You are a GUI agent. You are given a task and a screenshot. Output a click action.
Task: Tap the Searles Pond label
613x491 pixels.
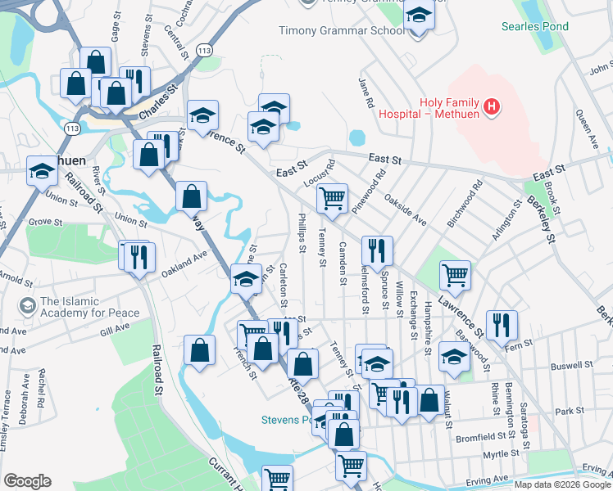(536, 26)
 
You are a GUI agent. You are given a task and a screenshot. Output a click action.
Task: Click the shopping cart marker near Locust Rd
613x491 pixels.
(332, 197)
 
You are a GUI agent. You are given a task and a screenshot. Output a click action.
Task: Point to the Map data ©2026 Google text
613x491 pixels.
(562, 484)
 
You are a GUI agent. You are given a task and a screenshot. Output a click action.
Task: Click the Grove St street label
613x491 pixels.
(46, 222)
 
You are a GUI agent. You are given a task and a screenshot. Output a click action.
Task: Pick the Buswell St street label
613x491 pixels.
(571, 366)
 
